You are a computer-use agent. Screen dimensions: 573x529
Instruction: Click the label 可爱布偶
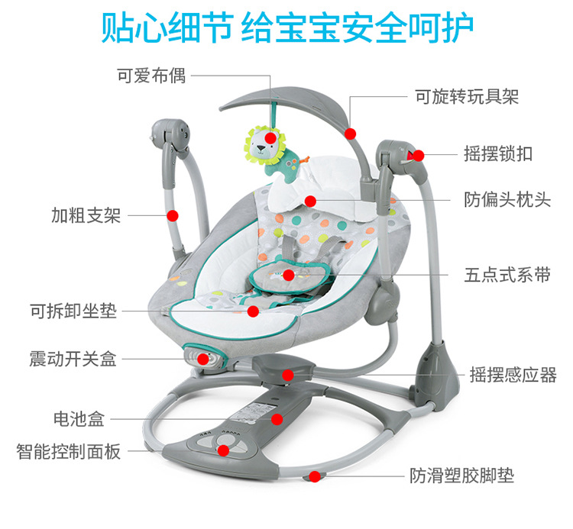[151, 76]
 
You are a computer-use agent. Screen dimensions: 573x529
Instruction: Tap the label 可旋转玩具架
[467, 97]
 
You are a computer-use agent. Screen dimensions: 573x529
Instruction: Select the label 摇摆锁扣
[498, 153]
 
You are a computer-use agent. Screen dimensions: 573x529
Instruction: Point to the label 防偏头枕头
[507, 200]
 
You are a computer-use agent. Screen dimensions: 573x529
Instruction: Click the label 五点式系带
[507, 275]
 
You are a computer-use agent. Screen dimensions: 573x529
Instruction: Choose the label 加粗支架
[86, 215]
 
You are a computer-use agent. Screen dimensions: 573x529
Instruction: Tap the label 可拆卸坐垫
[73, 311]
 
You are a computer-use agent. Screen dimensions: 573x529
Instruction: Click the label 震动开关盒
[73, 359]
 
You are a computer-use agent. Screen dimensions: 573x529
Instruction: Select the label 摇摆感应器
[513, 375]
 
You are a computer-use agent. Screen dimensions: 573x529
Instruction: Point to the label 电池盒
[79, 419]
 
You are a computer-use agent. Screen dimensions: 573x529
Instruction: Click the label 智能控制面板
[68, 452]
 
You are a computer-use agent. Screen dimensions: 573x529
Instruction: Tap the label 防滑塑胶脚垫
[461, 476]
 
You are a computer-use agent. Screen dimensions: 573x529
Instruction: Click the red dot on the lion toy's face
[270, 138]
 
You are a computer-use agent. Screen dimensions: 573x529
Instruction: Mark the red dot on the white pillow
[310, 202]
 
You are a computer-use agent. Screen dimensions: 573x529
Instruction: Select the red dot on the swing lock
[419, 156]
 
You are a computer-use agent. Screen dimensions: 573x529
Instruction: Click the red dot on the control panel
[223, 450]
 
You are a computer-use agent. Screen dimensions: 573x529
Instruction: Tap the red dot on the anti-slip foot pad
[315, 476]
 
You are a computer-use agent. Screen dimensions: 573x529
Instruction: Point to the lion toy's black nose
[261, 148]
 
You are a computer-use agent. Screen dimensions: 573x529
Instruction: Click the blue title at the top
[287, 27]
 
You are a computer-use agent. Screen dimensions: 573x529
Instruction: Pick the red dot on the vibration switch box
[203, 359]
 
